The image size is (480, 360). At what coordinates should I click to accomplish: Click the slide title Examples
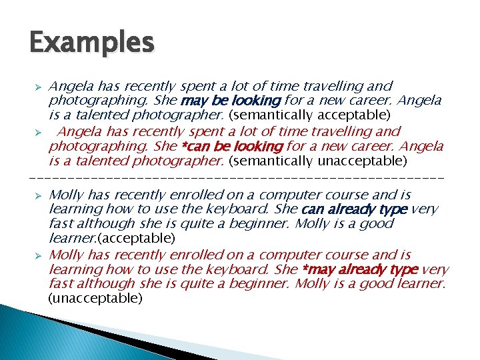tap(92, 43)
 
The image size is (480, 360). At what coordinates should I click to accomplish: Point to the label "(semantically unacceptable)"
tap(317, 161)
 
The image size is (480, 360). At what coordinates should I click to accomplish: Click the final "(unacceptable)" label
tap(96, 299)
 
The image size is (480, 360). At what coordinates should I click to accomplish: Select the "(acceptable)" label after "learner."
tap(137, 238)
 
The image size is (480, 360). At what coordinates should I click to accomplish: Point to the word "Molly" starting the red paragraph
tap(65, 255)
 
